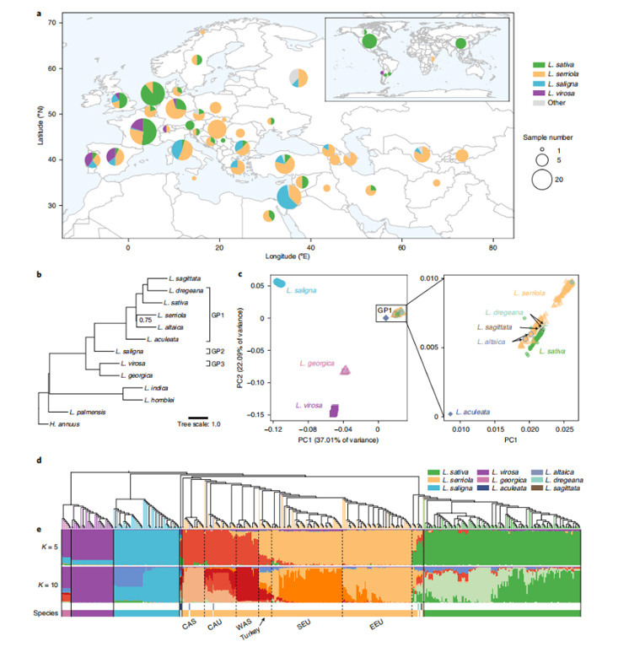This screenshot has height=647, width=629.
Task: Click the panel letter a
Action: coord(40,14)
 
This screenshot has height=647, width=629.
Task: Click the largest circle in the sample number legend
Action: coord(541,179)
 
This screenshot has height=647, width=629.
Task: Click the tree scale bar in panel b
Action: coord(199,415)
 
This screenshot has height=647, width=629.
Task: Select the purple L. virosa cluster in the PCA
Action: coord(334,411)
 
